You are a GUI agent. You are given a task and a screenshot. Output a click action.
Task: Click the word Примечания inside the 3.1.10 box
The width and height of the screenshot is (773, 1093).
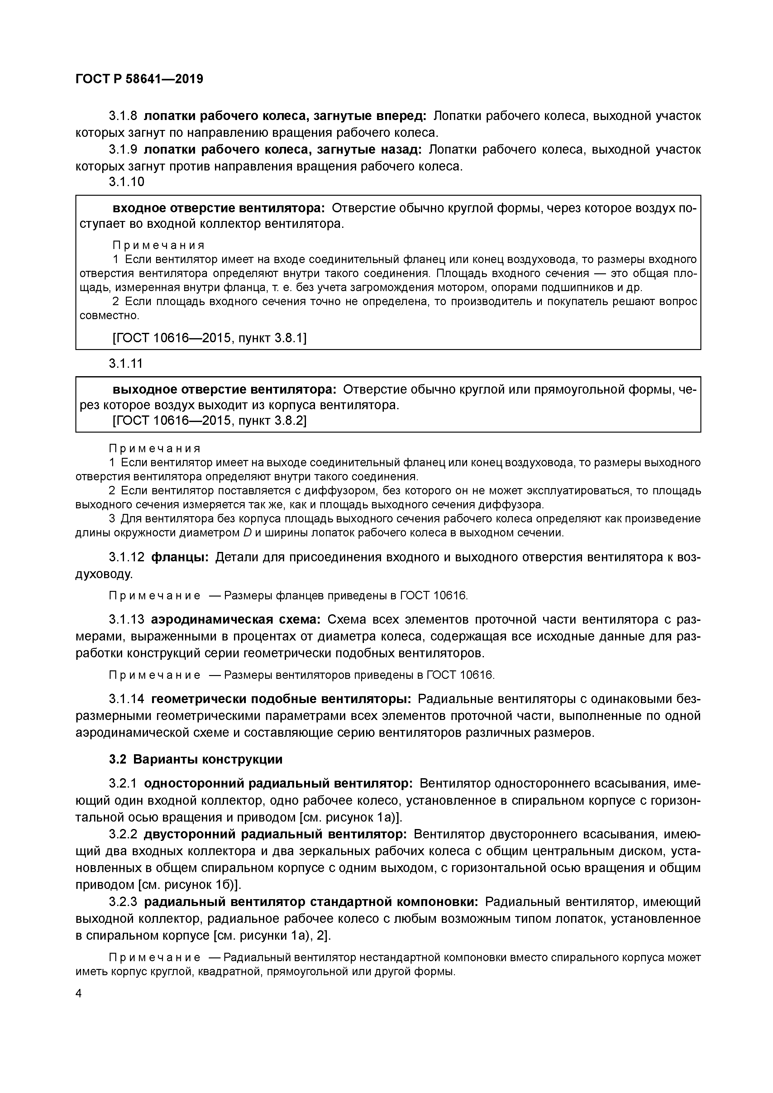[x=159, y=245]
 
